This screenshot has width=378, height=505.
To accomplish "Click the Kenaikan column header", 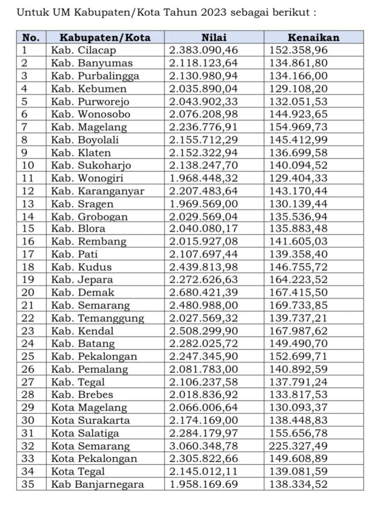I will coord(313,37).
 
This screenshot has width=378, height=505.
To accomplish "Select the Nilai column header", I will coord(214,37).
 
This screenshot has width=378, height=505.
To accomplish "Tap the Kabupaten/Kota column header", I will coord(105,37).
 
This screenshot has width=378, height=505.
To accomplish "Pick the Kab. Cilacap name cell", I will coord(83,50).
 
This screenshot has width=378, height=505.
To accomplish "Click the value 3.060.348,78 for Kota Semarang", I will coord(203,446).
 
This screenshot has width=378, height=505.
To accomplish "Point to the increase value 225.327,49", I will coord(298,446).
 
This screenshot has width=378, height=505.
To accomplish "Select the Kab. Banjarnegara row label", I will coord(97,484).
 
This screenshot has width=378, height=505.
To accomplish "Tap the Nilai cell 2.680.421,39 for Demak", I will coord(203,292).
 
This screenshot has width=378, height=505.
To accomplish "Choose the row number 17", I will coord(28,254).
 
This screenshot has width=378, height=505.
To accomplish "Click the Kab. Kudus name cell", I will coord(81,267).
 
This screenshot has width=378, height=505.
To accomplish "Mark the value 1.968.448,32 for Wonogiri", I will coord(203,178).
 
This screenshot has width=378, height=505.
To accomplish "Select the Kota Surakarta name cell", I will coord(90,420).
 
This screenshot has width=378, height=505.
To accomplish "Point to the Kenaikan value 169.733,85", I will coord(298,305).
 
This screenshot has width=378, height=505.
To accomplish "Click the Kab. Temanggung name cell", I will coord(97,318).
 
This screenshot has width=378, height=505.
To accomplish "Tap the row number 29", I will coord(28,407).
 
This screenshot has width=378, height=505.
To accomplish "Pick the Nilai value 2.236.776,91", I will coord(203,127).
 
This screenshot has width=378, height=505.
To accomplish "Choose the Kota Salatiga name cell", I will coord(85,433).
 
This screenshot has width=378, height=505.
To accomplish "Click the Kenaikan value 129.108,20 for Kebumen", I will coord(298,89).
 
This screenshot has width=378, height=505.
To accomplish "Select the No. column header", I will coord(31,37).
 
